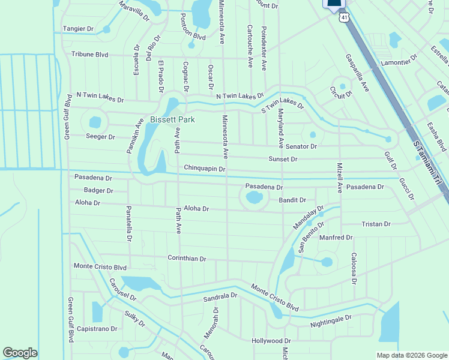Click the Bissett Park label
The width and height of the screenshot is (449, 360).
coord(173,119)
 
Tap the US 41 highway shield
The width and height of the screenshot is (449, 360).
coord(343,17)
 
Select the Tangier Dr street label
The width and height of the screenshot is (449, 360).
coord(79,28)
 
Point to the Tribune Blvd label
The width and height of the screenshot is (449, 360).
coord(89,54)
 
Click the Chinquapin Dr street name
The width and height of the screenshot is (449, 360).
coord(204,169)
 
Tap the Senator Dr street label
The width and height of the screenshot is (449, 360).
coord(301,146)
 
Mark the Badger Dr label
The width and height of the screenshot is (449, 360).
coord(98,190)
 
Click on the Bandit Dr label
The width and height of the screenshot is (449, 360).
coord(292,200)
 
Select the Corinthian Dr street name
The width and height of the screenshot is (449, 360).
coord(187,259)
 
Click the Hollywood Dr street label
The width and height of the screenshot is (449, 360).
coord(271,340)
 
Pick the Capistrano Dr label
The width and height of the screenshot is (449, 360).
coord(96,329)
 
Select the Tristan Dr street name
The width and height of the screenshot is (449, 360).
coord(376,224)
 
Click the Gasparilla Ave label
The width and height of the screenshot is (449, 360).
coord(357,71)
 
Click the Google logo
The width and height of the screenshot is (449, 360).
coord(20,353)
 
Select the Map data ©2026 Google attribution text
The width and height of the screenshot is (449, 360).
coord(411,355)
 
